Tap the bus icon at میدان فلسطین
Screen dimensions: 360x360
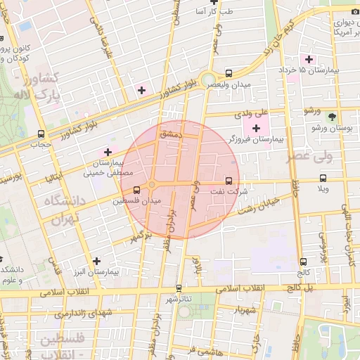click(x=136, y=190)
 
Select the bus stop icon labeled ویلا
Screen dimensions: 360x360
click(x=323, y=178)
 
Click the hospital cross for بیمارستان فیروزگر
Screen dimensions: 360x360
click(x=256, y=128)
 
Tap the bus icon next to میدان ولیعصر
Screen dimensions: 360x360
click(x=229, y=73)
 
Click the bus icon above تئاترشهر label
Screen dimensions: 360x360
click(x=179, y=288)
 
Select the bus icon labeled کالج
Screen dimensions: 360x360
click(x=303, y=261)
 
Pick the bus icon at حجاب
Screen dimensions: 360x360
click(x=41, y=133)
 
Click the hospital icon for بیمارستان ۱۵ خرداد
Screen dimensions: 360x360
click(x=307, y=58)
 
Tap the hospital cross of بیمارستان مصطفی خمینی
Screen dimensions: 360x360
click(x=108, y=152)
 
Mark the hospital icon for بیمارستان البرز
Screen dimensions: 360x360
click(x=96, y=261)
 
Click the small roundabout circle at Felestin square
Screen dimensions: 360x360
click(x=151, y=186)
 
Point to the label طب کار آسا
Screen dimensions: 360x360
click(x=216, y=12)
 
